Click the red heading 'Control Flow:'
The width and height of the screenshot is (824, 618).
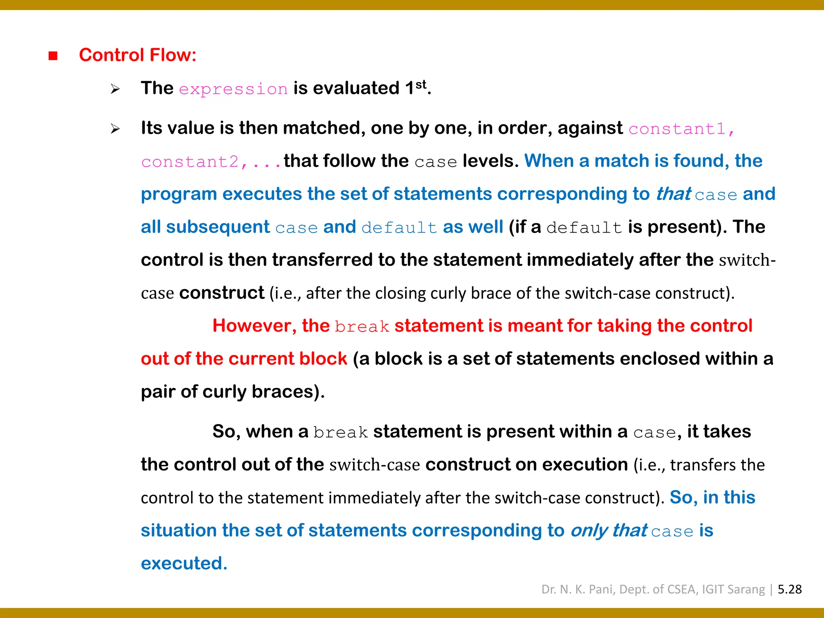pos(138,55)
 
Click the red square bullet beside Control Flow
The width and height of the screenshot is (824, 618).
pos(53,56)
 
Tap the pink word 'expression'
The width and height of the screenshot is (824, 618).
pos(233,89)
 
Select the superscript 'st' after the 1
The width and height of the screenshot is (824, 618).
pos(421,84)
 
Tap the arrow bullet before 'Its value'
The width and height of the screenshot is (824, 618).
pos(115,129)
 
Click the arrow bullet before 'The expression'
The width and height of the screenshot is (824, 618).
pos(115,89)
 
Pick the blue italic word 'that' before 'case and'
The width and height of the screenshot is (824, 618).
pos(673,194)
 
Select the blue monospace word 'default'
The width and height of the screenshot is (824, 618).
pos(399,228)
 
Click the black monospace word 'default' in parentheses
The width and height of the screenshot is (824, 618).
pos(584,228)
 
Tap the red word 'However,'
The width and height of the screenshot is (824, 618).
pos(254,326)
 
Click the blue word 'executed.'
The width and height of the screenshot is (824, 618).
pos(184,563)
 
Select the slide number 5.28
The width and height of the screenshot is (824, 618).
pos(789,589)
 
